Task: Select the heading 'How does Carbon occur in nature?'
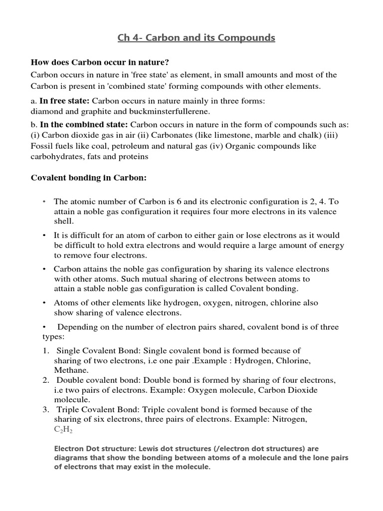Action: pos(100,62)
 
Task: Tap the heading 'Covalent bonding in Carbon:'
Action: pos(89,178)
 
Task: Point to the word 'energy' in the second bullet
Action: pos(332,246)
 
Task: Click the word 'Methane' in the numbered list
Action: pos(71,370)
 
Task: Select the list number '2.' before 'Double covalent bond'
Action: pos(45,380)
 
